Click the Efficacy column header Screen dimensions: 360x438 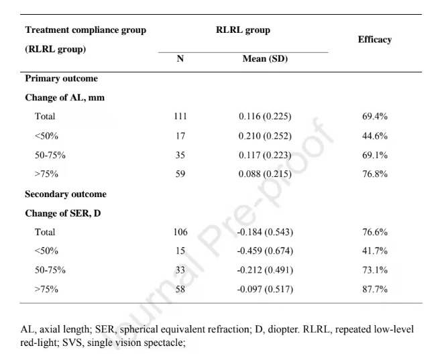click(374, 40)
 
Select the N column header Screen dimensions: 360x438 click(180, 59)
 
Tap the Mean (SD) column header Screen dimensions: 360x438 click(265, 59)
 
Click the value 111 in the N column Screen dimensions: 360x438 click(180, 117)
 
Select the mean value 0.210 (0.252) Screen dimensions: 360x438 click(265, 136)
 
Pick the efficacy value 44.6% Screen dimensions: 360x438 click(374, 136)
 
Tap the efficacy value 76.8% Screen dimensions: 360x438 click(374, 175)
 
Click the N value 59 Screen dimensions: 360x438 click(180, 175)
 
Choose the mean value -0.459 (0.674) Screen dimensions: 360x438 click(265, 252)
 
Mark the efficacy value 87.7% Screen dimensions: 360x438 click(374, 291)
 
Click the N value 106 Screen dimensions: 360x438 click(180, 233)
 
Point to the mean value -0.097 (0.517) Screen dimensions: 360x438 click(265, 291)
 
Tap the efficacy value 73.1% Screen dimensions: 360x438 click(374, 272)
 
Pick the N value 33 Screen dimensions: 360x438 click(180, 272)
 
